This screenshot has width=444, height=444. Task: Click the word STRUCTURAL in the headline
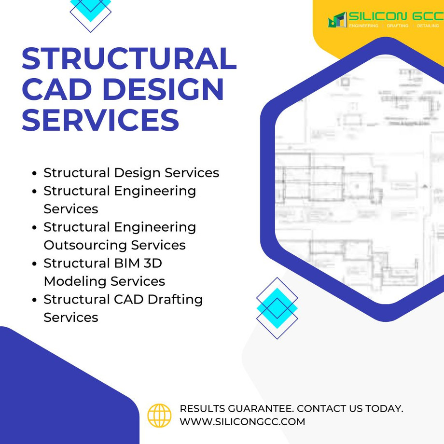pos(129,59)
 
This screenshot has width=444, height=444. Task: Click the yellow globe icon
pos(159,415)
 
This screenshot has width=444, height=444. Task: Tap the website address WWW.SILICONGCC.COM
pos(242,421)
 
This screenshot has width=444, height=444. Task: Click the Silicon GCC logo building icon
pos(337,20)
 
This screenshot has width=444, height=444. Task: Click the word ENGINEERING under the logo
pos(363,26)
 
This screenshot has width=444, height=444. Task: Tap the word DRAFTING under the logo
pos(398,26)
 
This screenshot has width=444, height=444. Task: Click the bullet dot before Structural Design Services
pos(34,173)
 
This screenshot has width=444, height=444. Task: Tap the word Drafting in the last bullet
pos(175,299)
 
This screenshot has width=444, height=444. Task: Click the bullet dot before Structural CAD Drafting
pos(34,300)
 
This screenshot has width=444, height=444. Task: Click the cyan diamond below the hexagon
pos(277,308)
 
